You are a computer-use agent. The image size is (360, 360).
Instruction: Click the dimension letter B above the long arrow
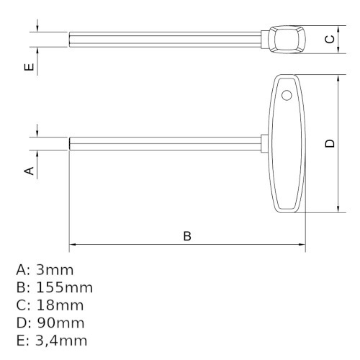187,236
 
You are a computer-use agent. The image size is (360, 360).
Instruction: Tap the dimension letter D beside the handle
330,143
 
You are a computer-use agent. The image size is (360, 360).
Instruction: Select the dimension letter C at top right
330,39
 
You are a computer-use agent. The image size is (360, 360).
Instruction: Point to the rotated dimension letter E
30,67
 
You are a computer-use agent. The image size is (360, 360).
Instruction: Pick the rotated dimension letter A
30,171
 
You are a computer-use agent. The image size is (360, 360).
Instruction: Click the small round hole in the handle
287,95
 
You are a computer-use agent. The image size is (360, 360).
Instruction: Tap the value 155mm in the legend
64,287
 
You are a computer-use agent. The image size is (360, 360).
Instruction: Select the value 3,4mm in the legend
61,341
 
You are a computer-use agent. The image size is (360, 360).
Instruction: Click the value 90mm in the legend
60,323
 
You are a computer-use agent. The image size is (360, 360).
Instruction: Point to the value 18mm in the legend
60,305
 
